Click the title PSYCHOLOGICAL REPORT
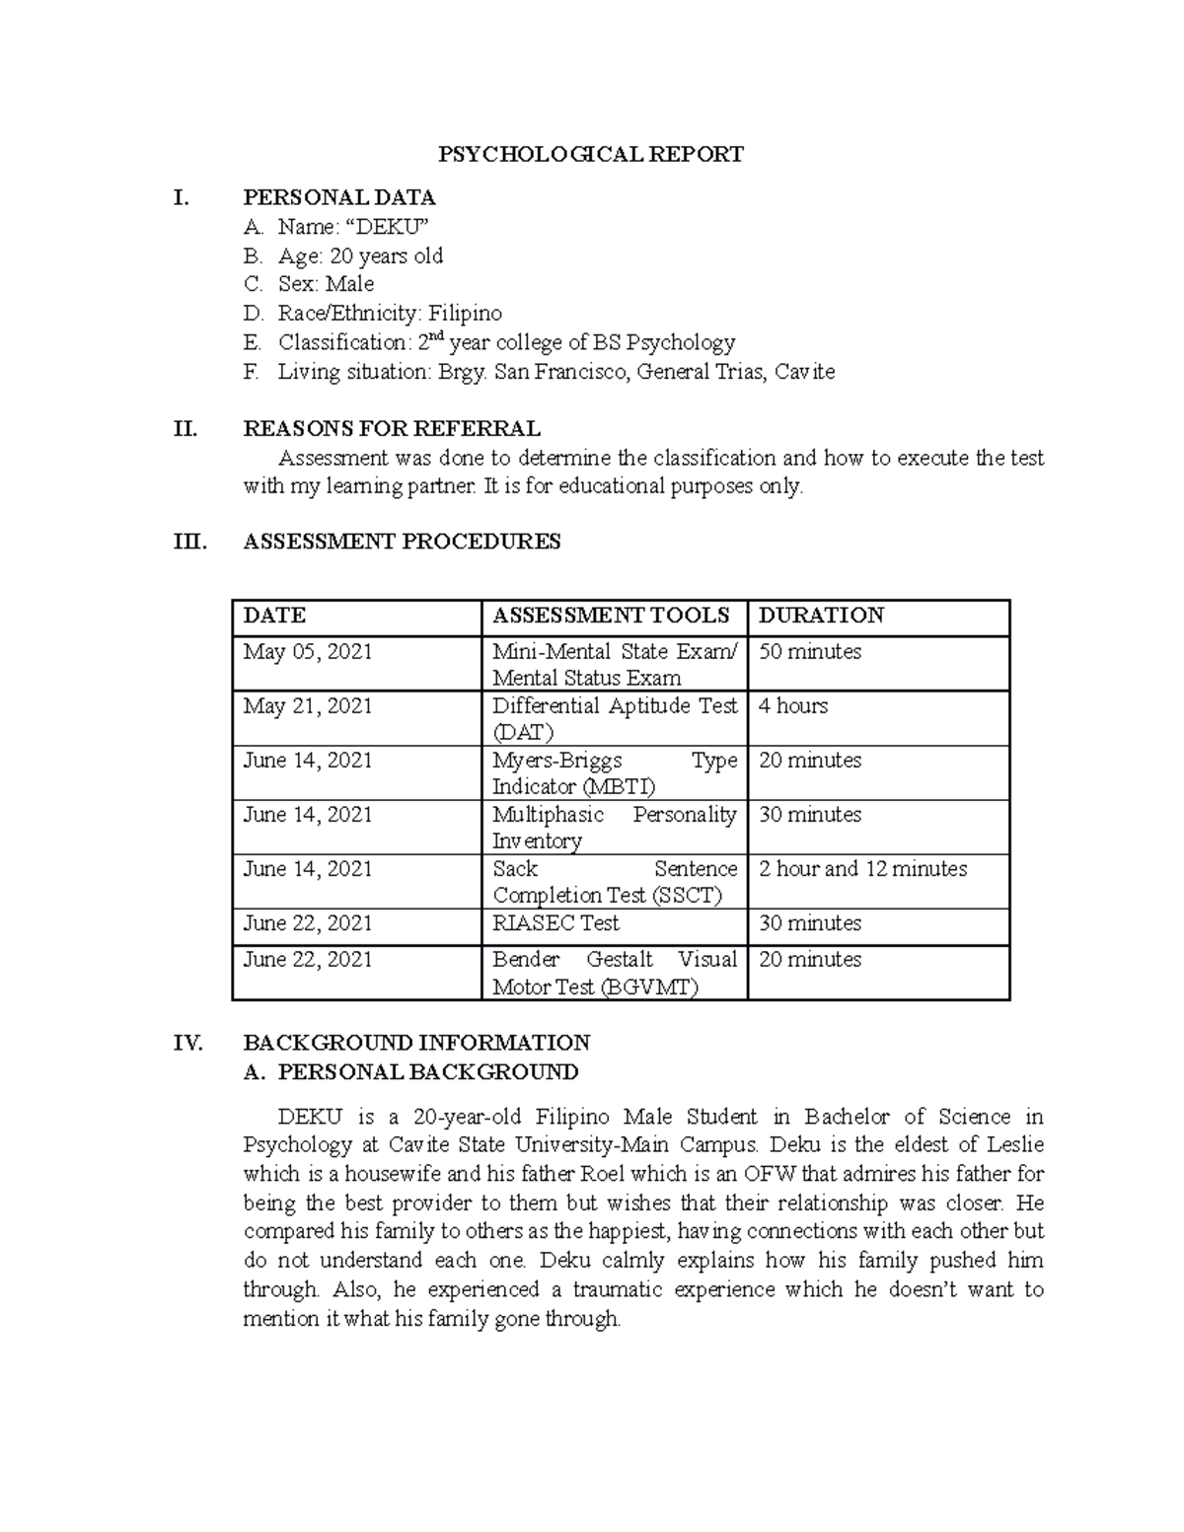(591, 154)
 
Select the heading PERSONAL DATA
(338, 197)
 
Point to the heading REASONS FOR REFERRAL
(391, 429)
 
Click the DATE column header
(274, 616)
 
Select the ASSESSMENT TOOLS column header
(611, 616)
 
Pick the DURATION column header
(821, 616)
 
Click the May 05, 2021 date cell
(307, 652)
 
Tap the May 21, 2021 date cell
(307, 706)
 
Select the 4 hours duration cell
(793, 706)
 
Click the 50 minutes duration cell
(809, 652)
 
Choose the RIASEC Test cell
(555, 923)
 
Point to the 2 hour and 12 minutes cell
(862, 869)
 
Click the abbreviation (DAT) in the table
(523, 733)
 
